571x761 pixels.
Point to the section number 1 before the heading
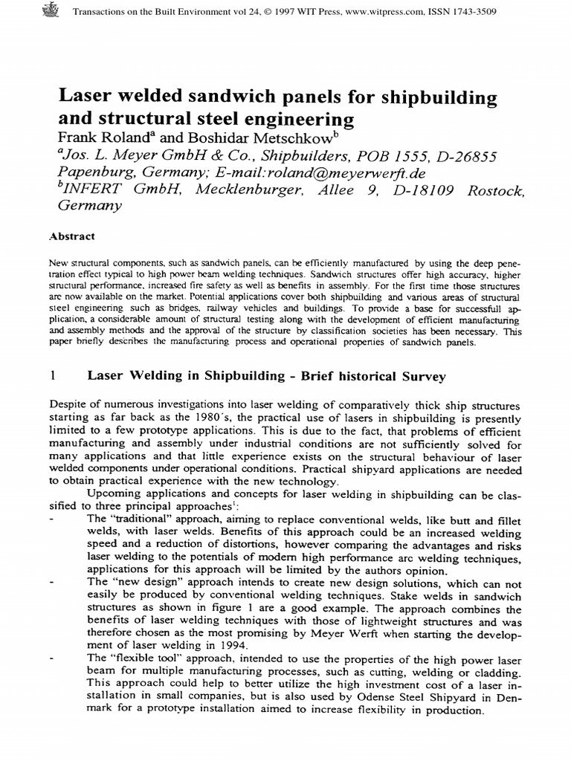[x=52, y=376]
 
